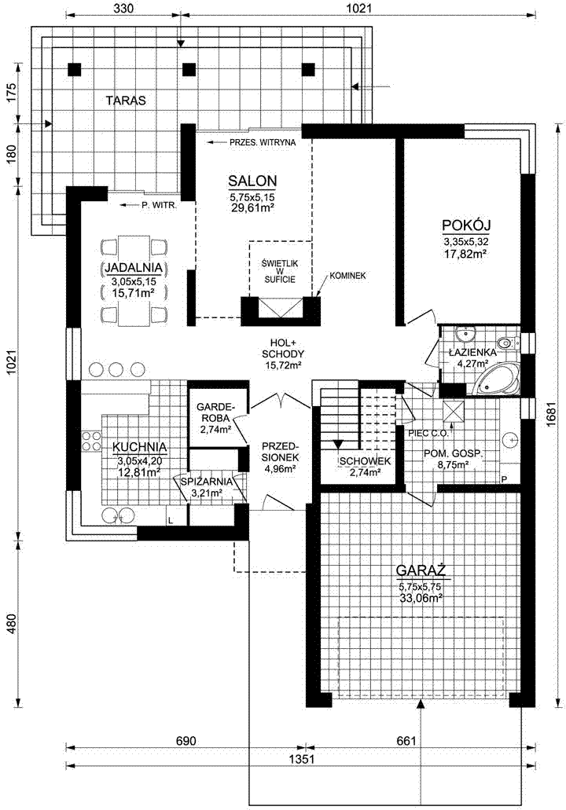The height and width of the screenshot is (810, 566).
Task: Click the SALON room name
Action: tap(252, 181)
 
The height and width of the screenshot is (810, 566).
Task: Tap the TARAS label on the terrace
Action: tap(126, 101)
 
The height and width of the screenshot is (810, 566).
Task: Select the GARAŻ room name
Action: tap(421, 570)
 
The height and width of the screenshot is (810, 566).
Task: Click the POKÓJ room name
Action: tap(466, 225)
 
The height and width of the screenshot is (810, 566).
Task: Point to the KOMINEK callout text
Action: tap(347, 276)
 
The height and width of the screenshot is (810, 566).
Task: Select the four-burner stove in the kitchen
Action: tap(91, 440)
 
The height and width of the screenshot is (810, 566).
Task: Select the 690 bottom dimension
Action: tap(186, 741)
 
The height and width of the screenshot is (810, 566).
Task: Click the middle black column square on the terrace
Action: tap(189, 69)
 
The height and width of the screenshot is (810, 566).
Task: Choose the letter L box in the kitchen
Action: tap(170, 519)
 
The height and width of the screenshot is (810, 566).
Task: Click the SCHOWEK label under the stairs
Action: tap(364, 461)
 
